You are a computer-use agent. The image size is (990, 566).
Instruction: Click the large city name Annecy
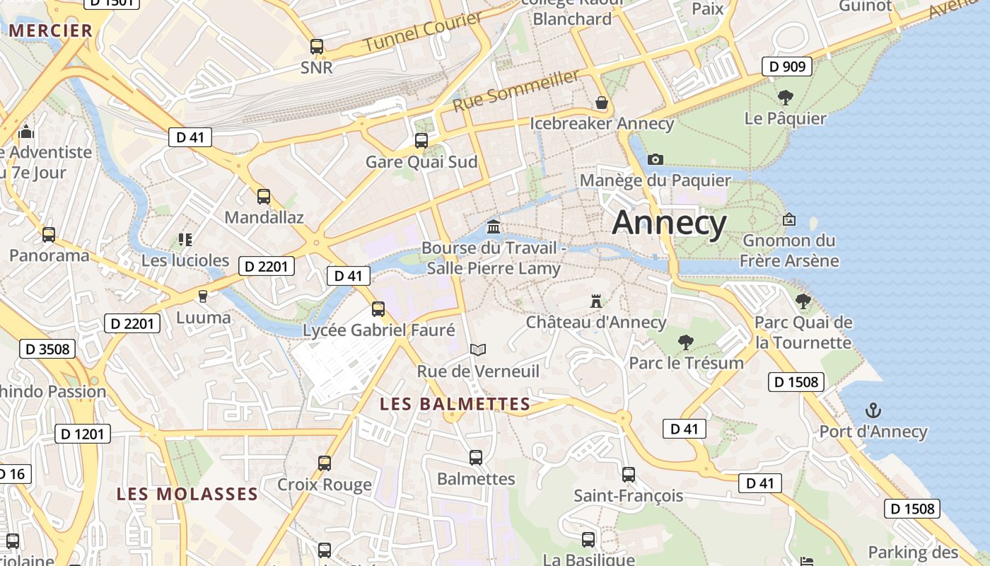point(669,223)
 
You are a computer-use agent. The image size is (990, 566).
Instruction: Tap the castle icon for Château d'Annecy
point(596,301)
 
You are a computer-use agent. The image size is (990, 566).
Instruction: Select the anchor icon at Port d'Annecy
point(873,410)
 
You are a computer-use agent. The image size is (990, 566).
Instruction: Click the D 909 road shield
point(786,67)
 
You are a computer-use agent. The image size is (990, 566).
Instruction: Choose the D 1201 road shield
point(83,434)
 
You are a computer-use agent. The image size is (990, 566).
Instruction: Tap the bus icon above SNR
point(317,47)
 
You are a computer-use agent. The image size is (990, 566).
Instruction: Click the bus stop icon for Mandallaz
point(264,197)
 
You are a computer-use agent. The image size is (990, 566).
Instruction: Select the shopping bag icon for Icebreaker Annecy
point(602,103)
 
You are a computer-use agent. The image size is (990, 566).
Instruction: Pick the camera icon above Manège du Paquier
point(656,159)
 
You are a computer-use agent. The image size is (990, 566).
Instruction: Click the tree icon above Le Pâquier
point(785,97)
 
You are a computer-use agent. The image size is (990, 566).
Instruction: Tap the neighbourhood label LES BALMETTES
point(455,404)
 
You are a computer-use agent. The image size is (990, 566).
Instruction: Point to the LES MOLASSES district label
point(187,494)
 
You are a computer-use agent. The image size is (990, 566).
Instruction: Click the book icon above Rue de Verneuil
point(478,350)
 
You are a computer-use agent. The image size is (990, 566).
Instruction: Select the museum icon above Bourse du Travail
point(494,227)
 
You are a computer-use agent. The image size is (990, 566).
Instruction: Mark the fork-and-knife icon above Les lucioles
point(185,240)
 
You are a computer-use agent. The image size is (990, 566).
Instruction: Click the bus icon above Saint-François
point(629,475)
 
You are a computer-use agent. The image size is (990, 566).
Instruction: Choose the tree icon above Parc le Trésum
point(685,342)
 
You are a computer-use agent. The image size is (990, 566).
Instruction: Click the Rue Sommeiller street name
point(516,90)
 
